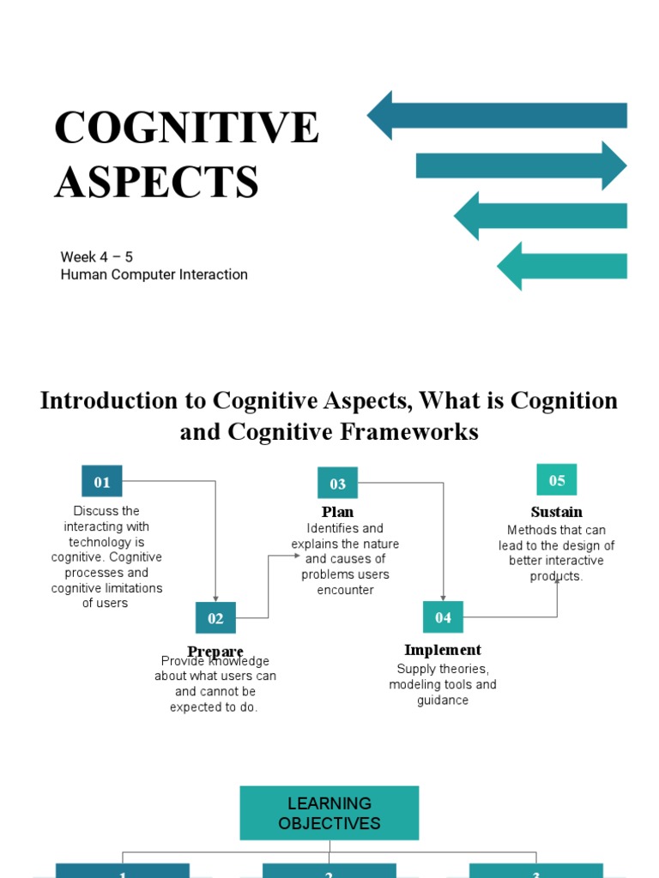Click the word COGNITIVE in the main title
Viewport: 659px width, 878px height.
pyautogui.click(x=186, y=128)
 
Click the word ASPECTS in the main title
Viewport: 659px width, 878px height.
pyautogui.click(x=157, y=182)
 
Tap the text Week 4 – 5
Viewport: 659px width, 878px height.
pyautogui.click(x=96, y=256)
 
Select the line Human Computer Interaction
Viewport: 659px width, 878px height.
pyautogui.click(x=154, y=274)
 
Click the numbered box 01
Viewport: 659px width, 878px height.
pyautogui.click(x=102, y=482)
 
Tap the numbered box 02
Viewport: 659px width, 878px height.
pyautogui.click(x=215, y=618)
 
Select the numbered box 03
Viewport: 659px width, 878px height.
pyautogui.click(x=337, y=484)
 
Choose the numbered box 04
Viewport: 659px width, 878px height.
pyautogui.click(x=443, y=617)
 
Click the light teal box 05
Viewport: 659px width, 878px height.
pyautogui.click(x=557, y=480)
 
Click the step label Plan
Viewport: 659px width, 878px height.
pyautogui.click(x=337, y=512)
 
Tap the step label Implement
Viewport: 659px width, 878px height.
pyautogui.click(x=443, y=650)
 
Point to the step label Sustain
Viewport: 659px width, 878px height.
pyautogui.click(x=557, y=512)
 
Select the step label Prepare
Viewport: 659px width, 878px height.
pyautogui.click(x=215, y=651)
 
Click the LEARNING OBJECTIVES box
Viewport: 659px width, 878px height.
pyautogui.click(x=329, y=813)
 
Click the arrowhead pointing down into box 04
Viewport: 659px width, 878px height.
pyautogui.click(x=444, y=597)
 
